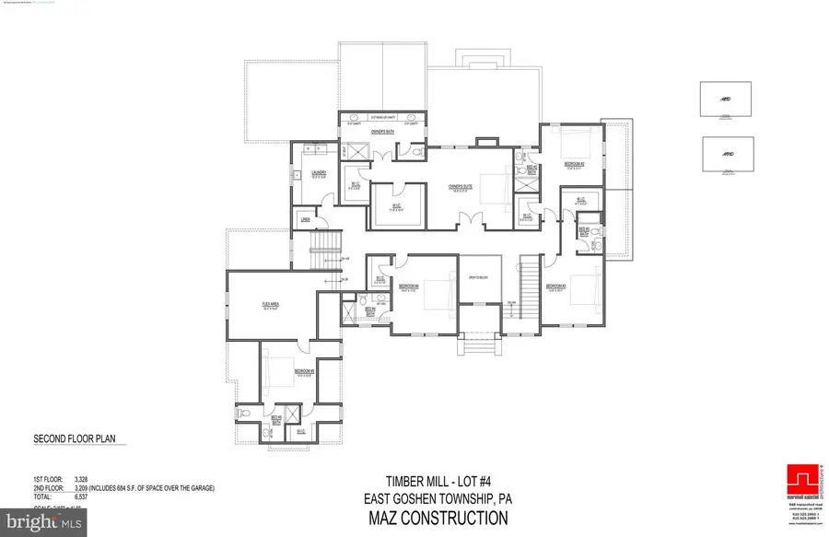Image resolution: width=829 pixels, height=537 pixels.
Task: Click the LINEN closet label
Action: (304, 220)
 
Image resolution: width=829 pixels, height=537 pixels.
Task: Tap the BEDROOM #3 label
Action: (555, 286)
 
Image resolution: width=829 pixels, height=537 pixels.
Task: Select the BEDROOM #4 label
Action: (409, 286)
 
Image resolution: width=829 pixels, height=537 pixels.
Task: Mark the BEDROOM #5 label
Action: (305, 371)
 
